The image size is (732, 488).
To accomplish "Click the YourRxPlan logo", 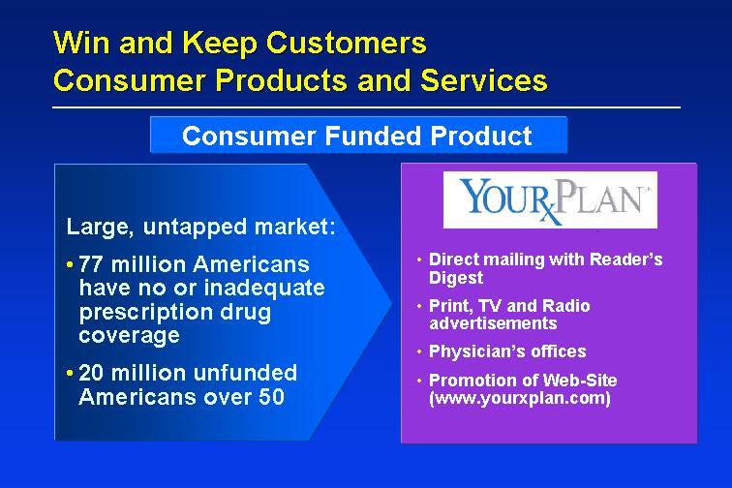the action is click(550, 199).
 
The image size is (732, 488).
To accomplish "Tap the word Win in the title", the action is click(81, 42).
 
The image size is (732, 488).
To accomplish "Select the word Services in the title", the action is click(484, 79).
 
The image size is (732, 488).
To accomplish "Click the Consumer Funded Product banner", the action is click(358, 135).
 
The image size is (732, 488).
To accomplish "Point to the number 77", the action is click(91, 264).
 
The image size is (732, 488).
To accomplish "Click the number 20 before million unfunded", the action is click(91, 373).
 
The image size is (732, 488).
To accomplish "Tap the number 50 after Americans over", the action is click(271, 397).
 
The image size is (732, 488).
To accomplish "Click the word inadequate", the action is click(264, 288).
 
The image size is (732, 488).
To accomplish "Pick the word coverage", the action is click(130, 335).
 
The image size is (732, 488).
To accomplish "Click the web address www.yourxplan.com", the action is click(520, 398).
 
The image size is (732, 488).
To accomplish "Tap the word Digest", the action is click(456, 277).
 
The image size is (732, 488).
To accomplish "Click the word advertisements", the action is click(493, 323).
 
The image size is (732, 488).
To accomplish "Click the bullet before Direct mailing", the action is click(419, 259).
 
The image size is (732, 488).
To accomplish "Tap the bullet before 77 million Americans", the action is click(70, 264).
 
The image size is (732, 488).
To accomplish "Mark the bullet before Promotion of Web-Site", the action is click(419, 381).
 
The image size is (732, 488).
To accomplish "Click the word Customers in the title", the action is click(346, 42).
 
